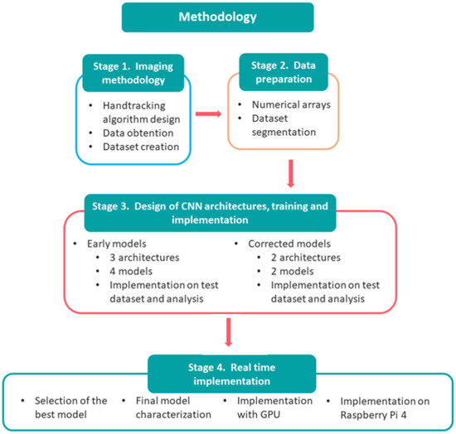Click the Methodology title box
click(x=227, y=17)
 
